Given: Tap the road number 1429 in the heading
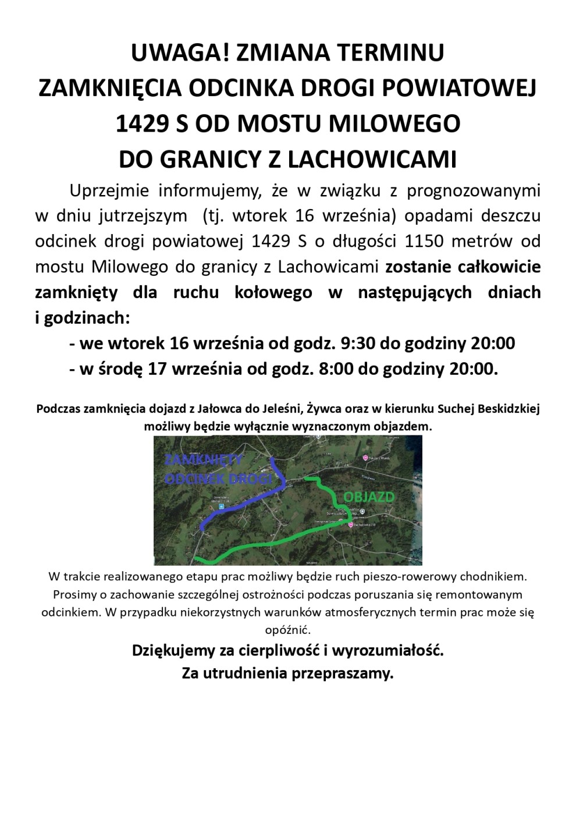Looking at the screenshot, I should [x=143, y=123].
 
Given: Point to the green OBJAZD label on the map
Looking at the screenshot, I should [x=369, y=497].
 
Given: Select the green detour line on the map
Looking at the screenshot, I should [x=273, y=541].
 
